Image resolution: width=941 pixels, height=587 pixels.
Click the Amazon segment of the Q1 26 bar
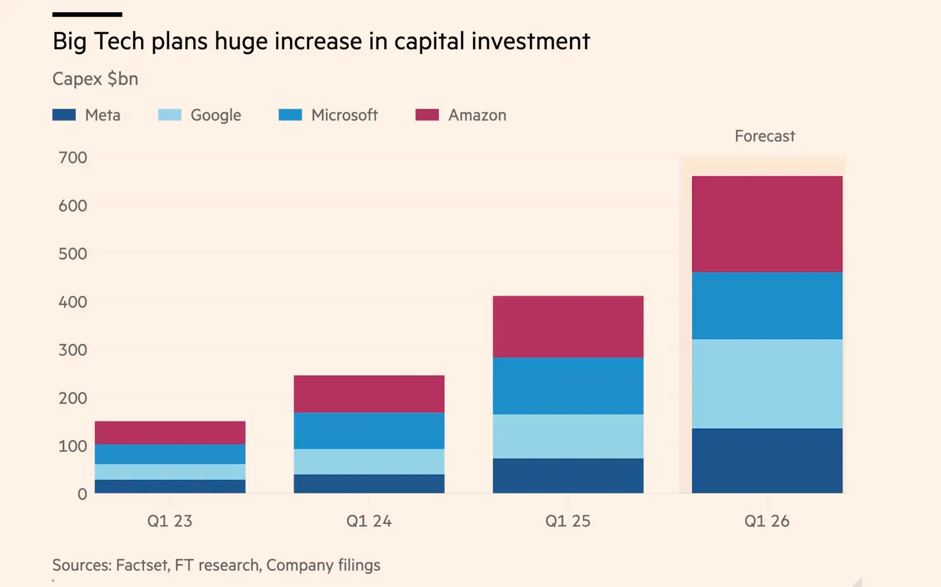[767, 224]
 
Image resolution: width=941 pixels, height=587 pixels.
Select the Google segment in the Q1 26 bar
[767, 384]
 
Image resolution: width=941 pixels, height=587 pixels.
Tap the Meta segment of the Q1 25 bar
[568, 476]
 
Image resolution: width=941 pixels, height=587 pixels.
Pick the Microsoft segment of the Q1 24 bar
[369, 431]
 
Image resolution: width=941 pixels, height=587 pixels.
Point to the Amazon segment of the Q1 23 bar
[170, 433]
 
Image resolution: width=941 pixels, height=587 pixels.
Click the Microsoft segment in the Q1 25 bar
[568, 386]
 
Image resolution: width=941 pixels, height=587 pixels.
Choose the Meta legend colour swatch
[64, 115]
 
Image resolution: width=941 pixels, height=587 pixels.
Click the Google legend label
[215, 115]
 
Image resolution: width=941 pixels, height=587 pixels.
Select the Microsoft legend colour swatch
[290, 115]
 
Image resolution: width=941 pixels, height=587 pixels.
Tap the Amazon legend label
[477, 115]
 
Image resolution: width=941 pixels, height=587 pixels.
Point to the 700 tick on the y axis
[73, 158]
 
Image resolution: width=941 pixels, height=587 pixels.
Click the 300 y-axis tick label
[73, 350]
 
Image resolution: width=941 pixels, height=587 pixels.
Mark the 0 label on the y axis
[82, 494]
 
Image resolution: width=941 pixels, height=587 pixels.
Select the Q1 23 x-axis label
[169, 521]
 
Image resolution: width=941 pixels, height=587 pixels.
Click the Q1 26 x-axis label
[767, 521]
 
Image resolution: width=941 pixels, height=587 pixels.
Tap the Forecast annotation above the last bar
[765, 136]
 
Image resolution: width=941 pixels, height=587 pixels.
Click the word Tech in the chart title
[119, 41]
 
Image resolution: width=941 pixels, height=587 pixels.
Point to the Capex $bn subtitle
[95, 79]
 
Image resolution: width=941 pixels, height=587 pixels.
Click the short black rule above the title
[87, 15]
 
